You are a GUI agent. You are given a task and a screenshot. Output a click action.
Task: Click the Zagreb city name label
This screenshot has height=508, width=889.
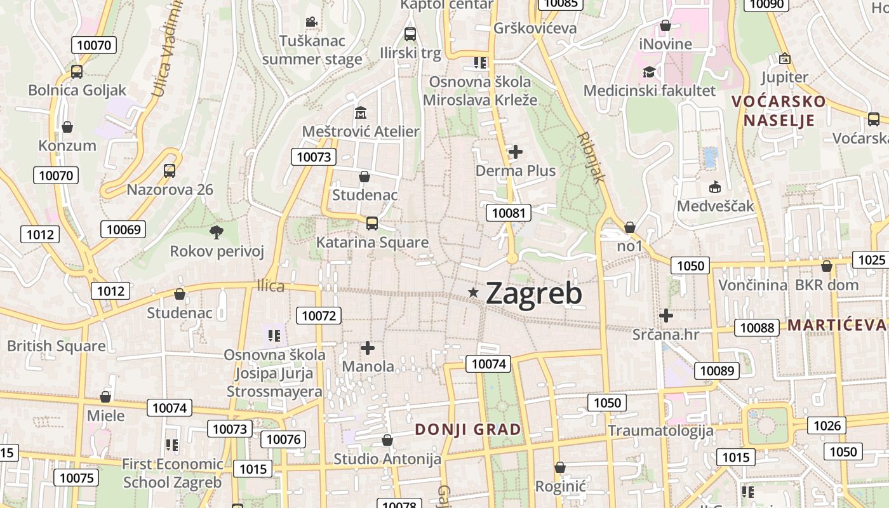533,293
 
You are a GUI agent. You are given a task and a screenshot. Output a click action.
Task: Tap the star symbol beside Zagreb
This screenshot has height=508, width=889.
473,292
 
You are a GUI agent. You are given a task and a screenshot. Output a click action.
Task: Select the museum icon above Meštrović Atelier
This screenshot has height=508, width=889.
361,113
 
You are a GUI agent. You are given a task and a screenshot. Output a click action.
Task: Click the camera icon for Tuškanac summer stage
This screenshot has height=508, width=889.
311,22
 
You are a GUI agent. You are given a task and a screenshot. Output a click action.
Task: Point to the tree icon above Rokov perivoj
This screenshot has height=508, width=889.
217,232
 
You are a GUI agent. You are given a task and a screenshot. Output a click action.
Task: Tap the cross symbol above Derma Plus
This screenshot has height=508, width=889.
516,152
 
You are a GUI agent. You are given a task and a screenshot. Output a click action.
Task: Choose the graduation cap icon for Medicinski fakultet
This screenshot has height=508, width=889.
649,72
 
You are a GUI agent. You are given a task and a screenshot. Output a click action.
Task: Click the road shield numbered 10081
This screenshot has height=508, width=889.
509,213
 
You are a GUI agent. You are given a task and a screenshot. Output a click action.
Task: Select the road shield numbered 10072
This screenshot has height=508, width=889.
319,315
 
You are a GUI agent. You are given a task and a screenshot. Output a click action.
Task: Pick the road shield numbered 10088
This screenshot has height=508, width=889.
757,328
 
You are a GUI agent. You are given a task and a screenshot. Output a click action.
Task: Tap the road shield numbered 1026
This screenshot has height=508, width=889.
827,425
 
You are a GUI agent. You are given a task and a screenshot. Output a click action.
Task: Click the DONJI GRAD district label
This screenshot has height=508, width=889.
468,429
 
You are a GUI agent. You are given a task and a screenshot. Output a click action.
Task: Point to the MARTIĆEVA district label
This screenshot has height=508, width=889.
838,325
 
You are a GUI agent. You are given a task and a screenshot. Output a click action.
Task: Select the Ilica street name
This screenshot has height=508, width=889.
271,286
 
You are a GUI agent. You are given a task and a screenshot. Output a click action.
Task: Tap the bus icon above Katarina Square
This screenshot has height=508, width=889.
372,224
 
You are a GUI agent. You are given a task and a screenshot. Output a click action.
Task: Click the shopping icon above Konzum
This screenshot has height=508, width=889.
67,127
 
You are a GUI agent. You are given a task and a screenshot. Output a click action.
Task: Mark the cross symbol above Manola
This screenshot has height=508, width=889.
368,348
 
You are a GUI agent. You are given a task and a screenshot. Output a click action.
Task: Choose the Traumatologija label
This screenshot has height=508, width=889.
660,431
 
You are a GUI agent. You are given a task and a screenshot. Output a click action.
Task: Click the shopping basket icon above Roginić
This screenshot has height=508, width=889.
559,467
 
